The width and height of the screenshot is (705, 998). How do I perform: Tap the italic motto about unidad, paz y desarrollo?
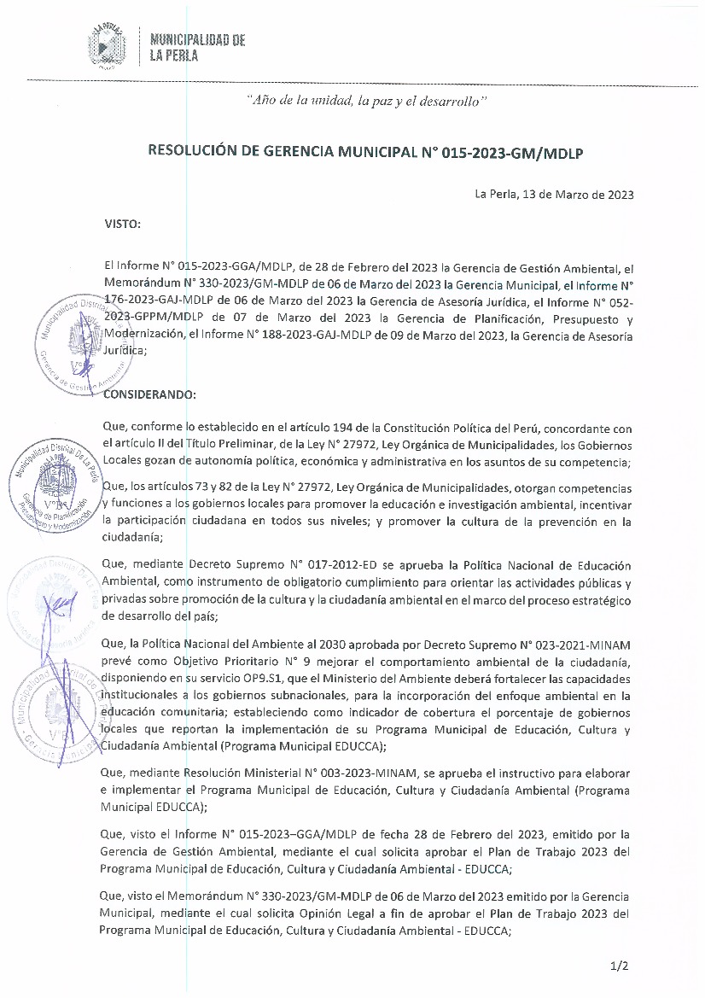(366, 100)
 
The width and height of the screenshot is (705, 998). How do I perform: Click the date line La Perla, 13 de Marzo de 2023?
(554, 195)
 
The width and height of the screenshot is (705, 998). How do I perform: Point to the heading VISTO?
(122, 224)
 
